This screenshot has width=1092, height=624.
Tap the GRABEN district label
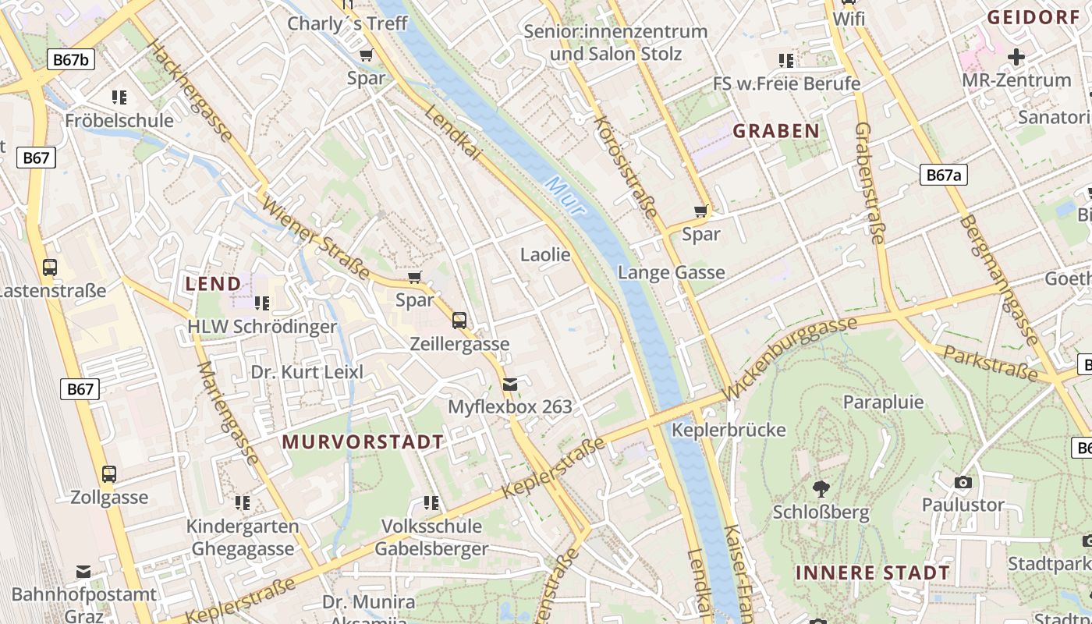(776, 131)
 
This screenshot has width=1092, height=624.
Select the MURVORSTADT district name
(363, 441)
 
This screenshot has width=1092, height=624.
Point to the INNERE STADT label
(873, 573)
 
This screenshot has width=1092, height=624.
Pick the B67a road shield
(943, 175)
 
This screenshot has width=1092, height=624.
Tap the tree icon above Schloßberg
(821, 489)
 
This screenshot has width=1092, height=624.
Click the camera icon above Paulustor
(963, 482)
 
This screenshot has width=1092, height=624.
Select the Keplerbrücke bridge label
(729, 430)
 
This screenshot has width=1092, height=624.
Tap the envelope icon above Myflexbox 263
(510, 384)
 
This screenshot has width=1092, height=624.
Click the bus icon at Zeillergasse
(459, 320)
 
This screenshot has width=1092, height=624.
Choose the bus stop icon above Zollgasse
(109, 473)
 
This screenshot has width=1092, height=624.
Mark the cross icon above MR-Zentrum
(1016, 57)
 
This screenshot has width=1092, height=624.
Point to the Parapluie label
(883, 402)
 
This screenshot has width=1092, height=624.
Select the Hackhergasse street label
(190, 91)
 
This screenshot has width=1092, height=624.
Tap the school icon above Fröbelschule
(119, 97)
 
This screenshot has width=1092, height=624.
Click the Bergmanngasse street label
(998, 281)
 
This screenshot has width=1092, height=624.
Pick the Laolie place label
(545, 254)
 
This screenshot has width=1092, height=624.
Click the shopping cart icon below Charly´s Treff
(366, 55)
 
